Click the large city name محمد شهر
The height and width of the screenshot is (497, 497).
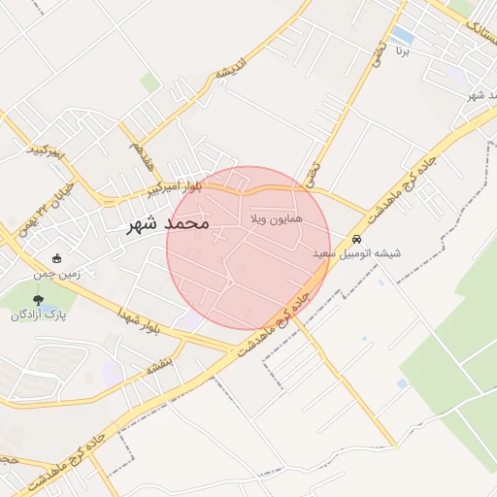pos(169,223)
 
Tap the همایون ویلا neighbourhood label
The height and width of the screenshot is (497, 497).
pos(277,219)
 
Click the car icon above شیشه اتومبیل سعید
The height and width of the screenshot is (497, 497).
pos(356,239)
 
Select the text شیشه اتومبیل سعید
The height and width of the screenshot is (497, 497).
pos(356,253)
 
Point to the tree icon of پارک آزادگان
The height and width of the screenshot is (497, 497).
pos(38,300)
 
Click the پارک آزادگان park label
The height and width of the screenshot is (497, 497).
pos(37,315)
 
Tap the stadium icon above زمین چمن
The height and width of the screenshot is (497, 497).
pos(56,259)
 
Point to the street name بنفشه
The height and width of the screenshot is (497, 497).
pos(160,366)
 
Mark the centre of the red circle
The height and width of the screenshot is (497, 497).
pos(248,248)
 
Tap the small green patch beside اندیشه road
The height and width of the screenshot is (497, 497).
pos(149,83)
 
